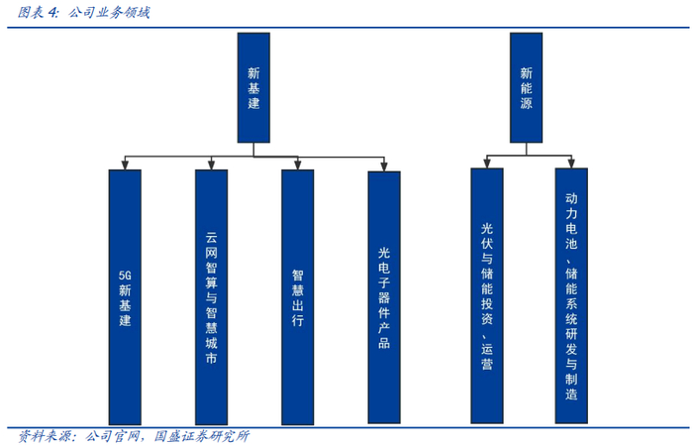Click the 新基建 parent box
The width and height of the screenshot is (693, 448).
(253, 87)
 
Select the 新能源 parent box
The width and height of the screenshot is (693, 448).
(526, 87)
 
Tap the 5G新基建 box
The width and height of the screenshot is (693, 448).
(123, 295)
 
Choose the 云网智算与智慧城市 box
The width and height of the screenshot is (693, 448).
(211, 295)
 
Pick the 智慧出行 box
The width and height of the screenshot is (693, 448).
(297, 295)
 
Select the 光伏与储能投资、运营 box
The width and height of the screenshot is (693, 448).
(486, 295)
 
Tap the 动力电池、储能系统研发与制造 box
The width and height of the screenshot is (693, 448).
(571, 295)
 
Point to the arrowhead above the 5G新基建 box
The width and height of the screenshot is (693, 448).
(123, 165)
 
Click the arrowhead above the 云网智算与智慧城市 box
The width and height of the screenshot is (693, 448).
(211, 165)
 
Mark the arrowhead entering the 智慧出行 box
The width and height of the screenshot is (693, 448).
(297, 165)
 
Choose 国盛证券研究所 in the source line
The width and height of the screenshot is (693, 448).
(203, 436)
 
